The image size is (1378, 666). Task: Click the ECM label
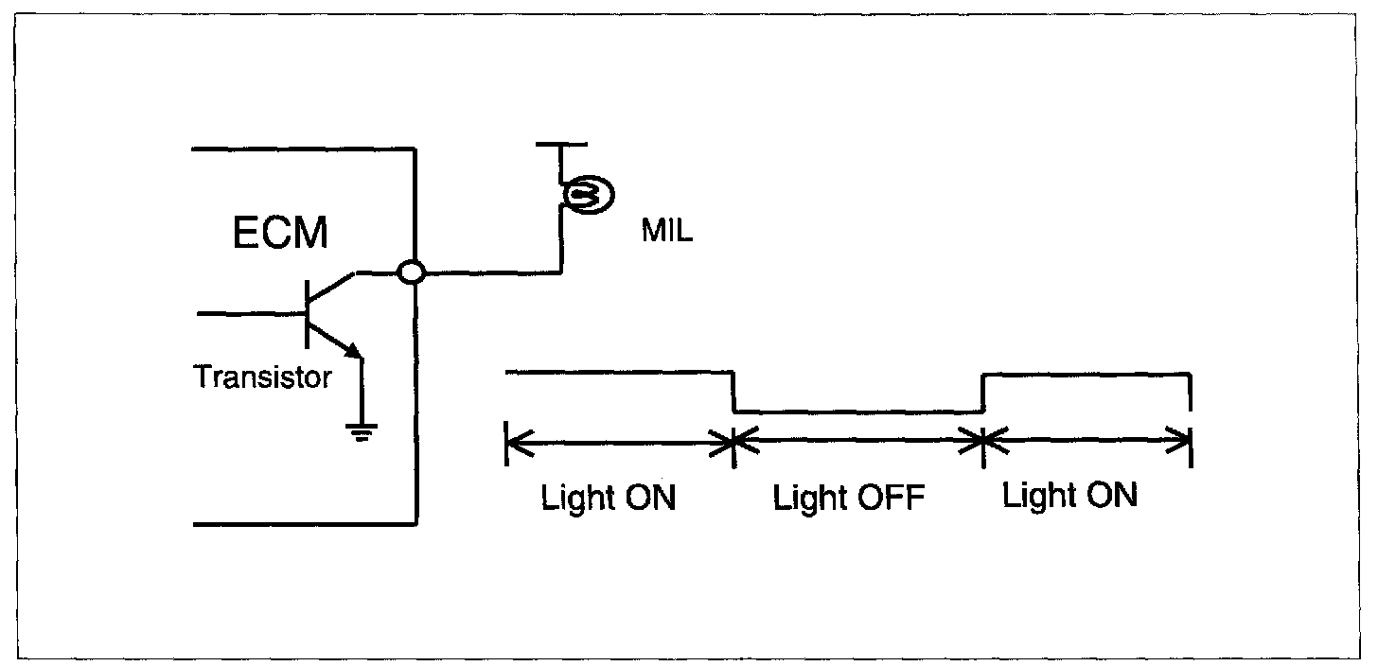[x=280, y=232]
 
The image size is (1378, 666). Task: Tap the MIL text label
[x=666, y=232]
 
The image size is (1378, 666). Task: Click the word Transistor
[x=263, y=377]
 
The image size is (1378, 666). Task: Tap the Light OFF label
[x=847, y=499]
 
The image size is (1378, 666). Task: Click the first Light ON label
[x=609, y=499]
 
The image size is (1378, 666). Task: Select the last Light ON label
[x=1069, y=496]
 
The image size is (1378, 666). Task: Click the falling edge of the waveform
[x=734, y=393]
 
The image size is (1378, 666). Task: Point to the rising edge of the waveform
[x=984, y=393]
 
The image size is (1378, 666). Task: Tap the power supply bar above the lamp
[x=561, y=145]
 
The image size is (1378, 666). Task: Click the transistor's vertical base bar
[x=309, y=313]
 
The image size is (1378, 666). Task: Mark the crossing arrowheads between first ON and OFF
[x=734, y=440]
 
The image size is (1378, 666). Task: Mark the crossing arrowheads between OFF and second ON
[x=984, y=440]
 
